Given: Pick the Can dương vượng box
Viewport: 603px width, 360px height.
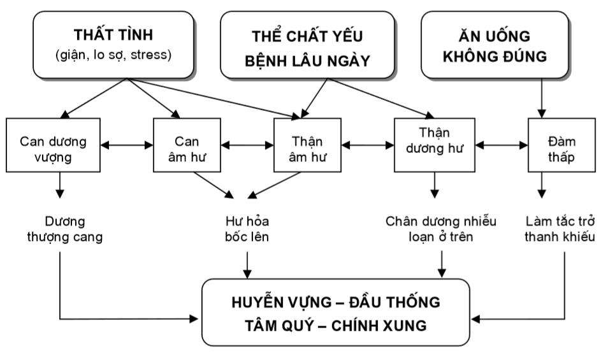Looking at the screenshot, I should point(53,146).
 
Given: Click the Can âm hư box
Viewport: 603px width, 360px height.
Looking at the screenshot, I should point(187,146).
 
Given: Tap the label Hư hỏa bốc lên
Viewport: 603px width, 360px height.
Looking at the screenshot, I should point(247,229).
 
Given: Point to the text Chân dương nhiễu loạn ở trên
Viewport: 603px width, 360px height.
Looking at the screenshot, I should point(441,229).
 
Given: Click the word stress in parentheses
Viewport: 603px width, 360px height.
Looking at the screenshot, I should point(152,55).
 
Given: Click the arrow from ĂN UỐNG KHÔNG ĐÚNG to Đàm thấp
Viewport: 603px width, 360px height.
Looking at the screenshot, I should point(542,99).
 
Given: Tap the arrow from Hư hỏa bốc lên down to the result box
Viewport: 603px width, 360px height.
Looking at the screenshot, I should point(248,262).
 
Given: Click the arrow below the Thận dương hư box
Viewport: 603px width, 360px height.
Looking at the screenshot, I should point(435,186).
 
